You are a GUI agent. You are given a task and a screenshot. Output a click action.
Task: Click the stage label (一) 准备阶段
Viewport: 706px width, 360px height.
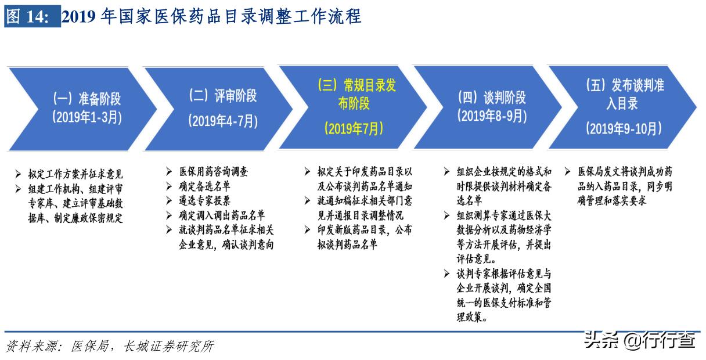pyautogui.click(x=87, y=98)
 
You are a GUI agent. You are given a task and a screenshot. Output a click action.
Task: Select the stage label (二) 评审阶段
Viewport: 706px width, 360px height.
pyautogui.click(x=223, y=95)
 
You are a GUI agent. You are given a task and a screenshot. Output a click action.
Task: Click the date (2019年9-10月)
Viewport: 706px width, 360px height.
pyautogui.click(x=624, y=128)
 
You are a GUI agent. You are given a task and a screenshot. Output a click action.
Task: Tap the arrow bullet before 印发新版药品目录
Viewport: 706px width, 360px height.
pyautogui.click(x=307, y=230)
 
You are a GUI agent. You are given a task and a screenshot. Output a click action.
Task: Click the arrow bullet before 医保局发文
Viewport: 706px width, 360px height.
pyautogui.click(x=567, y=172)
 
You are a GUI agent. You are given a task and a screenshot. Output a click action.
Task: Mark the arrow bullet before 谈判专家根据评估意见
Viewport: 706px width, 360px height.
pyautogui.click(x=446, y=273)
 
